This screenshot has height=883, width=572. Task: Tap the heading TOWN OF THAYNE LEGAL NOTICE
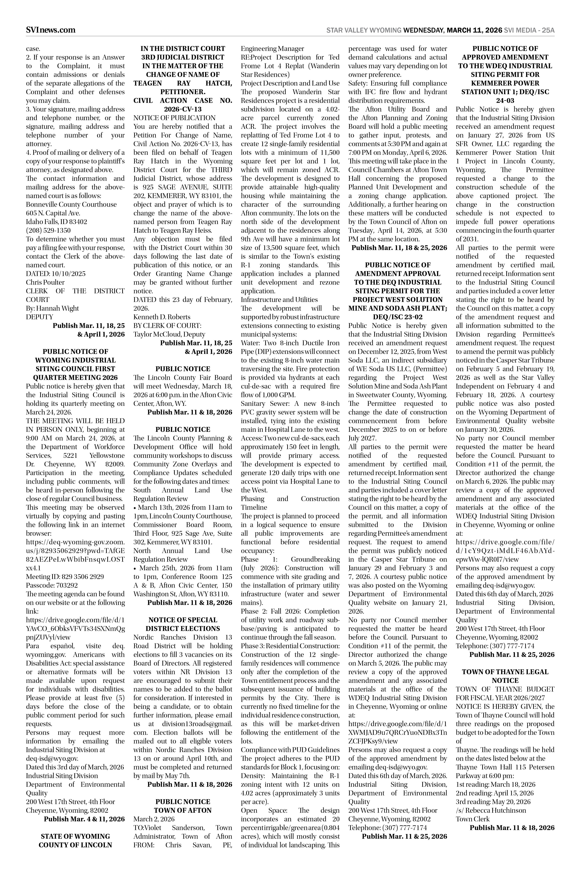coord(505,676)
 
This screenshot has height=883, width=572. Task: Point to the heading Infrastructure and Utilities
coord(279,299)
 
